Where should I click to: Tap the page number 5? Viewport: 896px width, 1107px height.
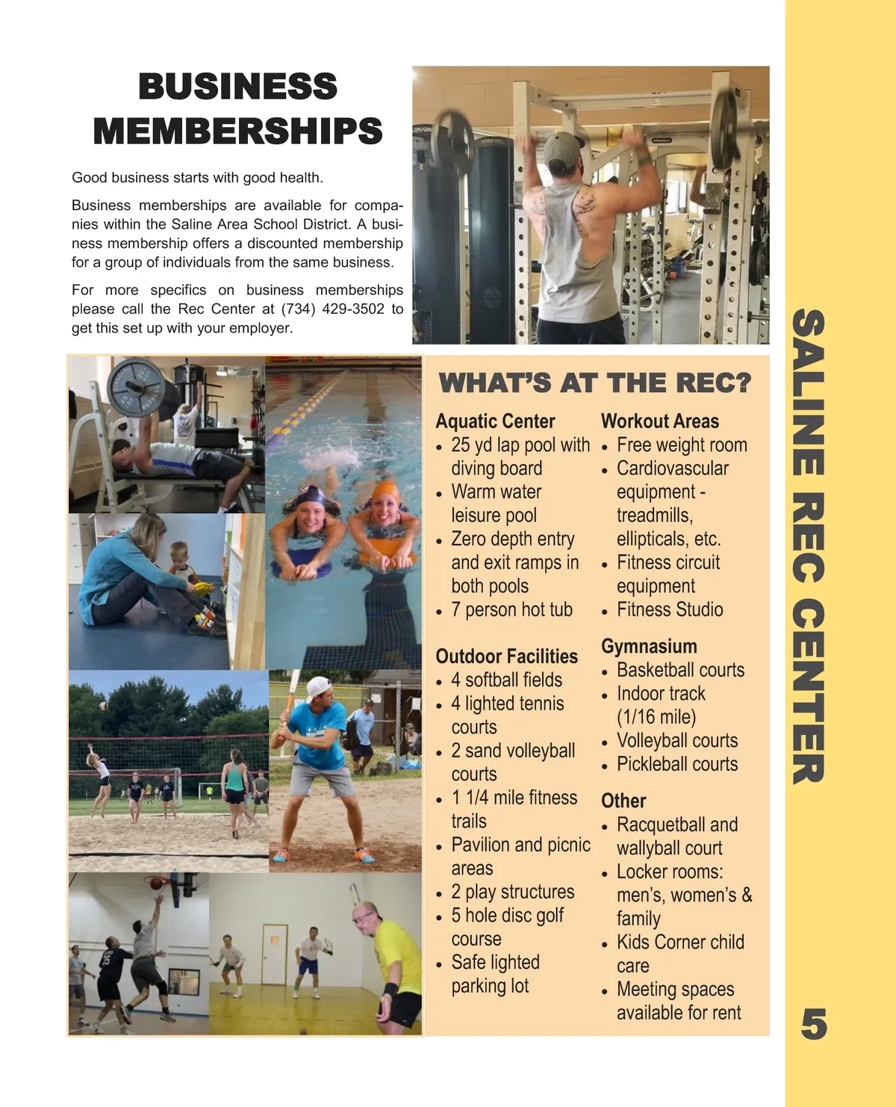pos(813,1024)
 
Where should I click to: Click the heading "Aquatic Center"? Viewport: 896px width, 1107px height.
pos(495,421)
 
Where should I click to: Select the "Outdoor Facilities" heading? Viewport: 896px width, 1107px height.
pos(506,657)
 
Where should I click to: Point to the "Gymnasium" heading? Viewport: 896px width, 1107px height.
pos(649,646)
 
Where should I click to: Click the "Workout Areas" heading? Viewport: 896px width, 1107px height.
pos(659,421)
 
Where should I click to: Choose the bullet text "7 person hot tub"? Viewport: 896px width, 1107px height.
pos(511,610)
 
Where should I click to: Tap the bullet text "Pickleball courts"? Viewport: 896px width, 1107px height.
pos(676,764)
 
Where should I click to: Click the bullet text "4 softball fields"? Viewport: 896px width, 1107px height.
pos(506,680)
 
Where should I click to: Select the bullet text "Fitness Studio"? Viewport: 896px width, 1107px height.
pos(669,610)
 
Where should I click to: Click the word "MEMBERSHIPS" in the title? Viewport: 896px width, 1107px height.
pos(237,131)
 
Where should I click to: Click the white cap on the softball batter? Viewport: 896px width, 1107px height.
pos(318,688)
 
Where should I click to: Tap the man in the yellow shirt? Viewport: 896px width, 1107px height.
pos(392,964)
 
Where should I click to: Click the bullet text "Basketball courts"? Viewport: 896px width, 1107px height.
pos(680,670)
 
